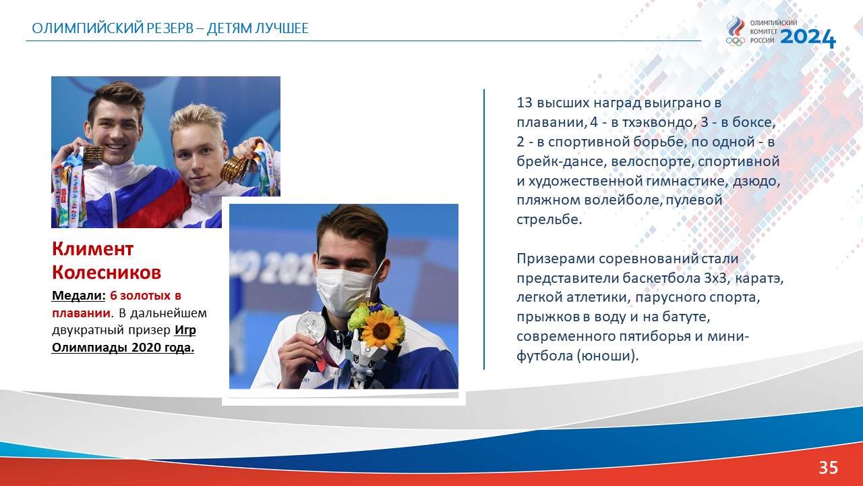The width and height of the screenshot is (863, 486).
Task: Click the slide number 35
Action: [x=829, y=468]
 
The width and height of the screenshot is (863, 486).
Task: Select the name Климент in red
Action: [x=93, y=249]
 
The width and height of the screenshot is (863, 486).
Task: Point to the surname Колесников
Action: [x=107, y=272]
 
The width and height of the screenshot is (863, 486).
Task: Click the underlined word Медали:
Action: [x=79, y=296]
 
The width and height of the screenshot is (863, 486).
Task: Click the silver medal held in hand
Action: [x=311, y=327]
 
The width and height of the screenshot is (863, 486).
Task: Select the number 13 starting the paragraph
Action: [x=525, y=103]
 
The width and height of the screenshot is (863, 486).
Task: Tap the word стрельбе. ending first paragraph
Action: [x=549, y=219]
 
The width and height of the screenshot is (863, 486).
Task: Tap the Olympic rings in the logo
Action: [x=736, y=41]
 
